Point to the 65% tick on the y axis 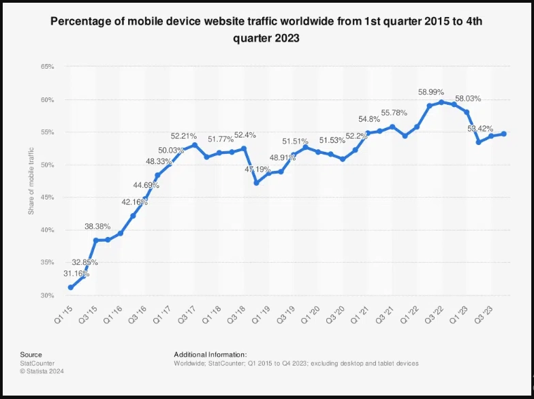[47, 67]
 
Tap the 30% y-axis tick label [47, 296]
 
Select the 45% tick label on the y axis [47, 197]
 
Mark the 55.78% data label [395, 113]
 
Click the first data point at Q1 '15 [71, 287]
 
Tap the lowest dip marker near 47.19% [256, 182]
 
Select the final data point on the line [503, 133]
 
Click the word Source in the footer [31, 354]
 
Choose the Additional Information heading [210, 354]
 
